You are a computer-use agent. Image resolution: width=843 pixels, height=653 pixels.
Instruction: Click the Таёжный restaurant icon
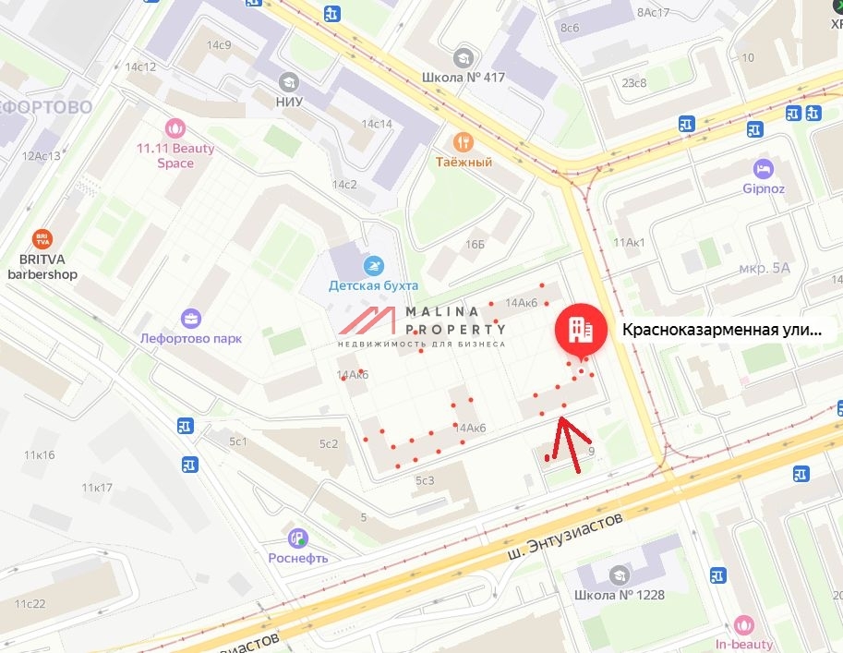(x=463, y=141)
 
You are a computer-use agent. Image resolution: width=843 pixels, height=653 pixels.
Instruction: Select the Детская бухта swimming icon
(x=373, y=265)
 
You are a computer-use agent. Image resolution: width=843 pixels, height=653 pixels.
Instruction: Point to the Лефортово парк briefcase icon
(x=191, y=319)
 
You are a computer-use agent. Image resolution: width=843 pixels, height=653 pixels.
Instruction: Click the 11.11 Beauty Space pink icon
(x=175, y=127)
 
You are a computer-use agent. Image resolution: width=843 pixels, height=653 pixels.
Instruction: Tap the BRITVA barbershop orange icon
(x=42, y=239)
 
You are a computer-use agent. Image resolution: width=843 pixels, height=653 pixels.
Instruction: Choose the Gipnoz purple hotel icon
(x=763, y=169)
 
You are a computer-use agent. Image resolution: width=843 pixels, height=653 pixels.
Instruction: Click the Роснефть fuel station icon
(x=297, y=538)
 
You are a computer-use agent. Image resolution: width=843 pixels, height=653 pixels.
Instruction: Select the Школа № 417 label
(x=464, y=77)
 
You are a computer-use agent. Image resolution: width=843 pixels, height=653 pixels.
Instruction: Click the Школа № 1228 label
(x=618, y=594)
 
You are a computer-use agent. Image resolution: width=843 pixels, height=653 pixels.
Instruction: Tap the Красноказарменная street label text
(x=720, y=330)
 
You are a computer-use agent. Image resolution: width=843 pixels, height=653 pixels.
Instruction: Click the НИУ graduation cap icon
(x=289, y=80)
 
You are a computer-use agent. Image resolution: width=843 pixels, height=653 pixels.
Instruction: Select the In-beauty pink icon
(x=744, y=624)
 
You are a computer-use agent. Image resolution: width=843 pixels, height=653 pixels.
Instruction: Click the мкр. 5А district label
(x=765, y=268)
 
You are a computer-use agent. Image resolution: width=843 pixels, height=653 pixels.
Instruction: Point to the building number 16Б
(x=475, y=244)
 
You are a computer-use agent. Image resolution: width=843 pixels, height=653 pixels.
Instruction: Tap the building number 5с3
(x=425, y=480)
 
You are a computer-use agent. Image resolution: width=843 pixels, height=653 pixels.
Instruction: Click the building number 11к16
(x=40, y=454)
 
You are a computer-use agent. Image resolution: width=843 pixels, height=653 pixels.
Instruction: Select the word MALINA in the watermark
(x=447, y=311)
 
